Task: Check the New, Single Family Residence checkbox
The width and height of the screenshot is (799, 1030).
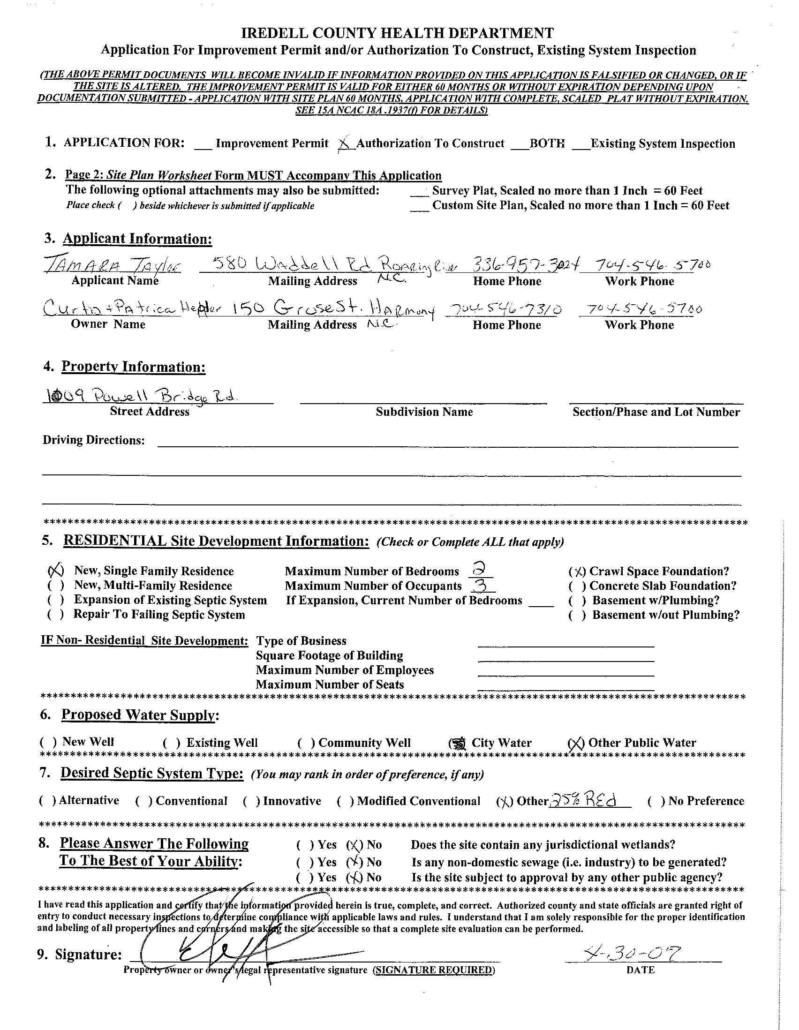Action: pos(56,571)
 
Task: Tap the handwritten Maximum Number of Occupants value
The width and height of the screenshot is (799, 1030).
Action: pos(481,585)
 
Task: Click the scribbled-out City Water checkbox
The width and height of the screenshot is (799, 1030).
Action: pos(457,743)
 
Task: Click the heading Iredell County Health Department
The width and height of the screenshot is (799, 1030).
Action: pos(397,33)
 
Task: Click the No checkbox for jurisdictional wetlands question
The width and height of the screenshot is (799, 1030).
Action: pos(354,845)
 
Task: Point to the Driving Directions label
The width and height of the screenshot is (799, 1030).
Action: pos(93,440)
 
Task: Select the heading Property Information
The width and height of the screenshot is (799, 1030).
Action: pos(134,367)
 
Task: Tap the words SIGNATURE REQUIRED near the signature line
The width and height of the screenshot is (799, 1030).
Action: pos(433,970)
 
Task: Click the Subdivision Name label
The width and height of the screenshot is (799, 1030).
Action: pos(424,412)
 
